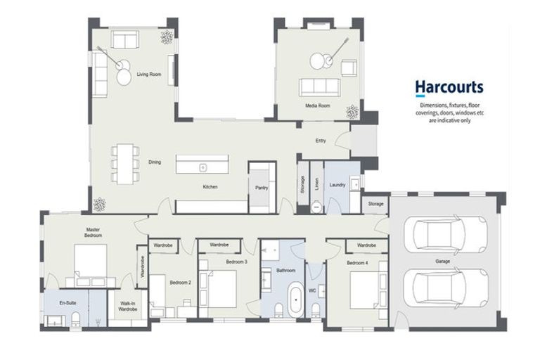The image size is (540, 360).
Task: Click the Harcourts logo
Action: [449, 88]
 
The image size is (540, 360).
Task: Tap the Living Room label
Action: [149, 74]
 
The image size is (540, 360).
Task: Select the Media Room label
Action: [318, 105]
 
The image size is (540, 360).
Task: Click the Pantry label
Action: [262, 188]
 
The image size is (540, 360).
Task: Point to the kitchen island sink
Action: [203, 168]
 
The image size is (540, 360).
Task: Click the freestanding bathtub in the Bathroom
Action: [295, 300]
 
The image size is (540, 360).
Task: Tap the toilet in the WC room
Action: [316, 310]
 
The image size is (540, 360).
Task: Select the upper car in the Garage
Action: [450, 233]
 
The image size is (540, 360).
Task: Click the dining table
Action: [125, 164]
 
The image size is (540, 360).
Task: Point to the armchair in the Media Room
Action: [349, 67]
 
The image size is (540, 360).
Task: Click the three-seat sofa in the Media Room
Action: [319, 87]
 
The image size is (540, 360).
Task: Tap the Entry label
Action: [321, 141]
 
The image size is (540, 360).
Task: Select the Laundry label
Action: [337, 185]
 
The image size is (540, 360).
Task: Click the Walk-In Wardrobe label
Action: [128, 307]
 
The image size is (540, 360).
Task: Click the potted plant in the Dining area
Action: [100, 204]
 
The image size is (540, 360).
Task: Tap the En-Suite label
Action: [67, 303]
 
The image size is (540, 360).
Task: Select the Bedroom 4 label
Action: [357, 263]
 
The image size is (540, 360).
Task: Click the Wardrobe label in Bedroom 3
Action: [219, 245]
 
